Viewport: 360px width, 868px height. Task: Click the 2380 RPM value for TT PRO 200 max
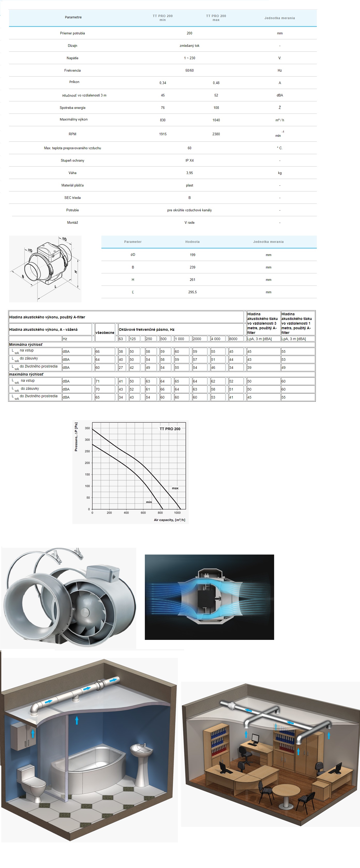pos(216,134)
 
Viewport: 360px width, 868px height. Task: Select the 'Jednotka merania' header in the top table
pos(279,18)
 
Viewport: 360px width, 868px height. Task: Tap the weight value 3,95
pos(189,173)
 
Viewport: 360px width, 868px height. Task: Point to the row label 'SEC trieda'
pos(72,198)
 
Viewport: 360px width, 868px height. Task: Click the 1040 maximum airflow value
pos(216,120)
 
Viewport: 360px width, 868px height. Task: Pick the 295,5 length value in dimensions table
pos(192,292)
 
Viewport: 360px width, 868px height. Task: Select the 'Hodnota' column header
pos(192,242)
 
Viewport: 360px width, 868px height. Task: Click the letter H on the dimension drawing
pos(76,272)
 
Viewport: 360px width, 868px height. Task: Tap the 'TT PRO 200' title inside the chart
pos(170,429)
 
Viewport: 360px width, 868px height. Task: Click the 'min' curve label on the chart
pos(149,502)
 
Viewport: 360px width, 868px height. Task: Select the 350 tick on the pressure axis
pos(87,428)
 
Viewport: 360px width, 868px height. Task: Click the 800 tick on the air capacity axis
pos(160,513)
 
